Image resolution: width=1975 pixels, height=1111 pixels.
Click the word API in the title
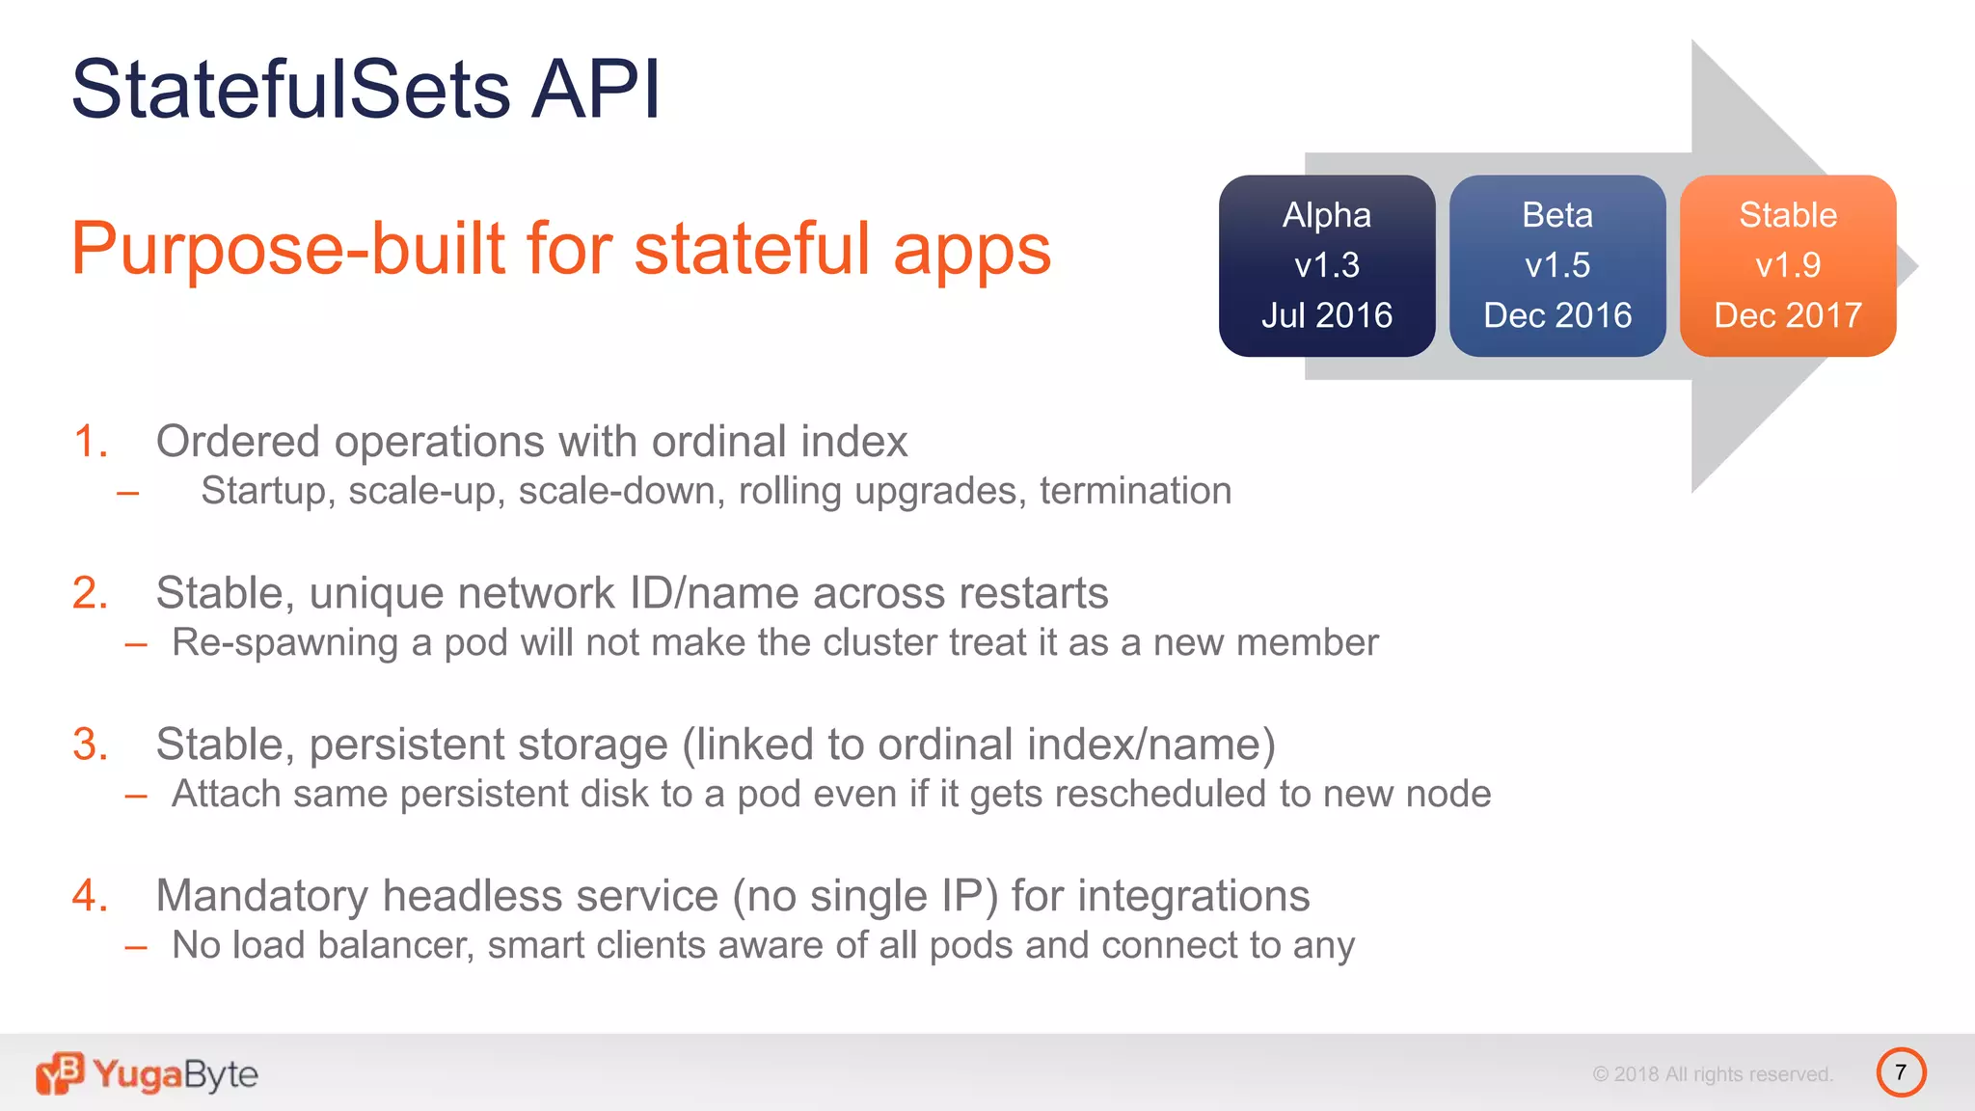tap(596, 90)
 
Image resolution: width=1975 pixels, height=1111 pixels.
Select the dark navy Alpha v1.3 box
tap(1326, 265)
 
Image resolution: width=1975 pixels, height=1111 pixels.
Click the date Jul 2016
tap(1326, 315)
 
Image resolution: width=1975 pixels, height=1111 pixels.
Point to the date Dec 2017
tap(1787, 315)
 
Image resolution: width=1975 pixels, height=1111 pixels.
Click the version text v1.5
tap(1556, 265)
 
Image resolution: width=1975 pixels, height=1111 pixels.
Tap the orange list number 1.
tap(90, 442)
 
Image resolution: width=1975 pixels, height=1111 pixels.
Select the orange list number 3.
tap(90, 745)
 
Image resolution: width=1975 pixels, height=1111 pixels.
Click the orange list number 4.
tap(90, 896)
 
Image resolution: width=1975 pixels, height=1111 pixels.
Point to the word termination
tap(1135, 491)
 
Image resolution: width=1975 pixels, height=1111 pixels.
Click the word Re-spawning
tap(284, 643)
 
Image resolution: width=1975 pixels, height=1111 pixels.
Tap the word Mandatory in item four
tap(261, 896)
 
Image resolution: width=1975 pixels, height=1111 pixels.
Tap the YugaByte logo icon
tap(60, 1073)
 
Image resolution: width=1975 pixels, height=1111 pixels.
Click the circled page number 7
tap(1900, 1072)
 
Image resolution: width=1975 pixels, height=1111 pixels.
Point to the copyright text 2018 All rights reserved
tap(1713, 1074)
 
